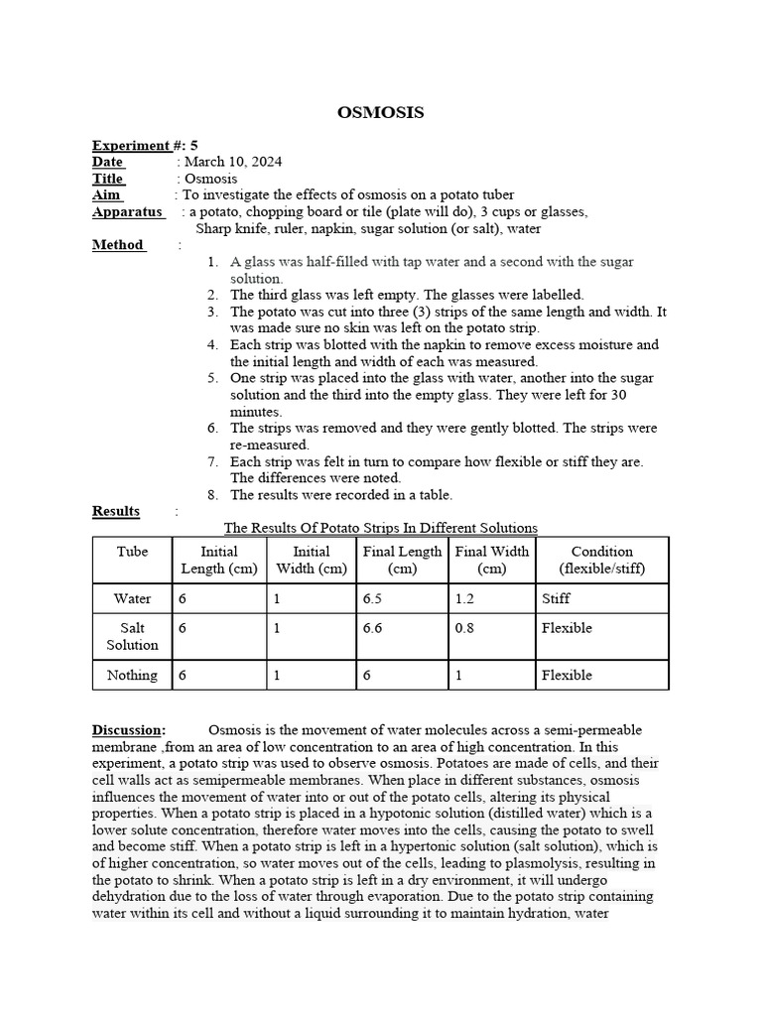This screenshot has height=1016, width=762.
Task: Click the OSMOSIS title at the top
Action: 381,113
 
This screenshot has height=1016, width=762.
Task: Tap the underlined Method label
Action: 118,245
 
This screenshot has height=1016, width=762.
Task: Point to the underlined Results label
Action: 116,511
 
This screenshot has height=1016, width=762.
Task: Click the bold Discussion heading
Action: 128,730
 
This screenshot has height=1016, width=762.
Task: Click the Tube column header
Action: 132,552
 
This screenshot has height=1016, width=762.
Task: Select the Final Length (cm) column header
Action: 402,560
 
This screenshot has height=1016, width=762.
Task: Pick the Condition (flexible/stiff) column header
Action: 602,560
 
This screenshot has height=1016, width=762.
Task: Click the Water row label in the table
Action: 132,598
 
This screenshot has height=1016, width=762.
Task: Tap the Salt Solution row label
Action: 132,636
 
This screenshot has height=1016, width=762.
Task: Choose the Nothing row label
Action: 132,675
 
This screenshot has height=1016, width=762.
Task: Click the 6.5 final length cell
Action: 376,598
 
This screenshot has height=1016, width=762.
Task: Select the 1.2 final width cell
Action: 465,598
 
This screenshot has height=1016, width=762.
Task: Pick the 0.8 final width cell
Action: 465,628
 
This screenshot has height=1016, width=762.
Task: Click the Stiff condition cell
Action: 556,598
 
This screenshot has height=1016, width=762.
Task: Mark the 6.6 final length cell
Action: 376,628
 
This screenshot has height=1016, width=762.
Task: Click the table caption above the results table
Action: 380,528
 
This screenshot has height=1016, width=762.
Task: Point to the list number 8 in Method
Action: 212,494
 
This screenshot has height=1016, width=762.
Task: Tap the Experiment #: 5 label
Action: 145,145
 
